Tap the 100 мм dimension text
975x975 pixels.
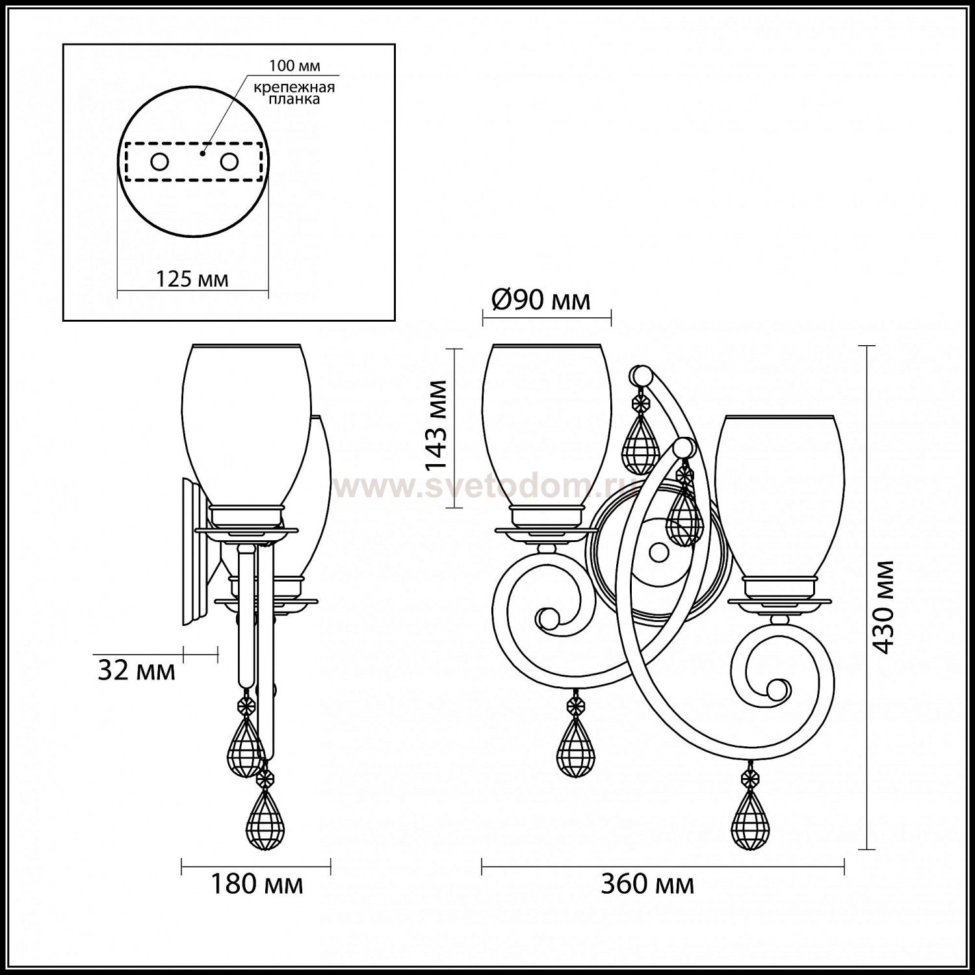[x=295, y=66]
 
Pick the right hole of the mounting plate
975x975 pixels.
[x=228, y=162]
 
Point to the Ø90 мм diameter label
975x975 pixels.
[x=541, y=300]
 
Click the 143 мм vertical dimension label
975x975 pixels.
[x=437, y=426]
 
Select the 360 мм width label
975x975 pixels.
[x=647, y=884]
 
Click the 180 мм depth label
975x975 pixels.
[x=257, y=884]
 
